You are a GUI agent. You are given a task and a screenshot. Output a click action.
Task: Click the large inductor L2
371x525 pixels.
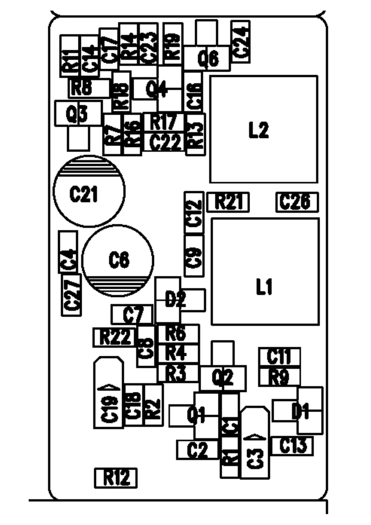[x=264, y=129]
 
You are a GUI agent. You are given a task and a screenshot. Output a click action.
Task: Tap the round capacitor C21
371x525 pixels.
[x=89, y=191]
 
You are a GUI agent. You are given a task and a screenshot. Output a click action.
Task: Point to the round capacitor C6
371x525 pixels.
[x=118, y=260]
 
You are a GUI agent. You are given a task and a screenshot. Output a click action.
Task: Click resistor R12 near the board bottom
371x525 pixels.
[x=116, y=478]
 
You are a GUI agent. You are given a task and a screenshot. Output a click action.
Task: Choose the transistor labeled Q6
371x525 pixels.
[x=207, y=58]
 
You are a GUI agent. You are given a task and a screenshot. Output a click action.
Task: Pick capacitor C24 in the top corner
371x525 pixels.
[x=240, y=42]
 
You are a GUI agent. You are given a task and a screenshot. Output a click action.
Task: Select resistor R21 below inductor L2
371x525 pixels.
[x=228, y=202]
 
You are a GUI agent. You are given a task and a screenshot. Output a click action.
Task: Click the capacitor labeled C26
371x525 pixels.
[x=297, y=202]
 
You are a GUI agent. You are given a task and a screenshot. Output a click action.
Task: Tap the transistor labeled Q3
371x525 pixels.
[x=78, y=114]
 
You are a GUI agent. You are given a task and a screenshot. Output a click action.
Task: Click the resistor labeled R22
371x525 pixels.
[x=115, y=337]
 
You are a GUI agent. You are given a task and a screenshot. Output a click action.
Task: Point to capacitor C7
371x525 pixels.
[x=132, y=315]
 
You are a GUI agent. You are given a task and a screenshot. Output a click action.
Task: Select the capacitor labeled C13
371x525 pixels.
[x=292, y=446]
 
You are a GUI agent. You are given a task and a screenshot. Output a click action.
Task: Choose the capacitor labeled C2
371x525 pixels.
[x=197, y=450]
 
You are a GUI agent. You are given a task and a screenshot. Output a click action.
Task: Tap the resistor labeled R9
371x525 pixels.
[x=279, y=377]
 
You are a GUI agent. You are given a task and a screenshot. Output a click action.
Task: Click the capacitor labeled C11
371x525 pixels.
[x=279, y=356]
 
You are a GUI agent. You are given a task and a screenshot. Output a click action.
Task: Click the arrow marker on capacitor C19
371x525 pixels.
[x=109, y=388]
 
